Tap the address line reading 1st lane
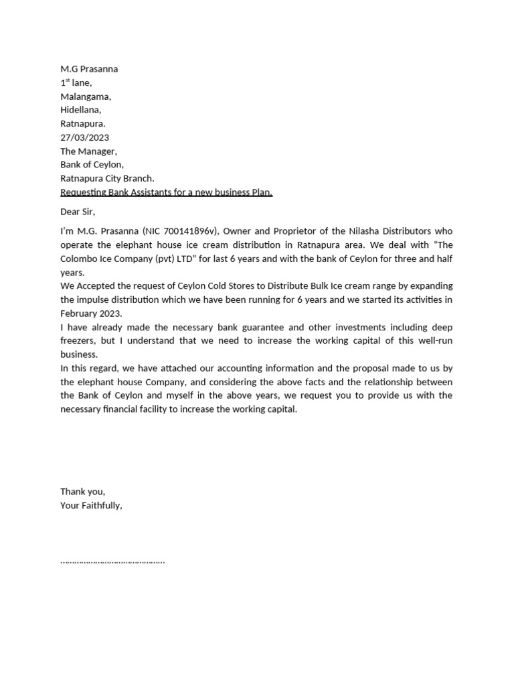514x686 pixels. pos(76,83)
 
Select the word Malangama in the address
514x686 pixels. pos(85,96)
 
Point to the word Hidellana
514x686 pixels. pos(80,110)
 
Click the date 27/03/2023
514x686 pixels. pos(84,137)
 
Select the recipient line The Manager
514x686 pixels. pos(88,151)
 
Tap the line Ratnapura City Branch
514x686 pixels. pos(107,178)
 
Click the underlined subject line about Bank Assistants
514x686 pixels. pos(166,192)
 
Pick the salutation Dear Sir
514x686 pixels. pos(78,212)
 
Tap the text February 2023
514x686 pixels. pos(91,314)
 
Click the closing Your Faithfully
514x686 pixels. pos(91,505)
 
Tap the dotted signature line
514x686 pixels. pos(112,561)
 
